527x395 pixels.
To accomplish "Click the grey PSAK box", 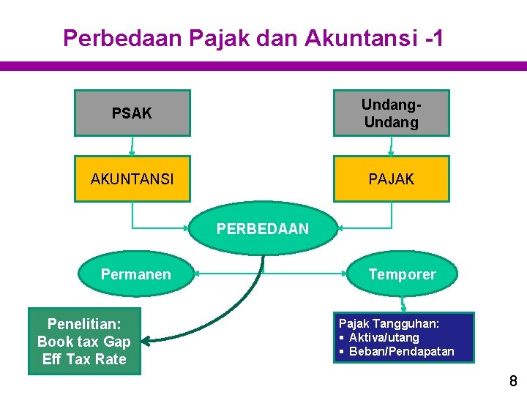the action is tap(132, 113).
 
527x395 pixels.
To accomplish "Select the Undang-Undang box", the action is tap(391, 113).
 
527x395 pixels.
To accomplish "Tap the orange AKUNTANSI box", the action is tap(132, 178).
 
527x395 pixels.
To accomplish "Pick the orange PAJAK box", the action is tap(391, 178).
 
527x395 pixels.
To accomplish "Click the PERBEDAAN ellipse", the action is tap(263, 229).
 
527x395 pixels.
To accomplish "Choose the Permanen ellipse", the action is tap(135, 274).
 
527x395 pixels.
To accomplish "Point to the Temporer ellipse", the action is tap(402, 274).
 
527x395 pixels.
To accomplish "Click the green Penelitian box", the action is tap(84, 342).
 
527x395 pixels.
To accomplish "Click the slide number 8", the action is tap(513, 381).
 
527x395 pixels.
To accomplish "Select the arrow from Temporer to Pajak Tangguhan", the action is tap(402, 303).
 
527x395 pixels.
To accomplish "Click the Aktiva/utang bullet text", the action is tap(384, 337).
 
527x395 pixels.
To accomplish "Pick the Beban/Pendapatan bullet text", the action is tap(401, 352).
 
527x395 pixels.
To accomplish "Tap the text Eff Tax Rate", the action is tap(84, 359).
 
